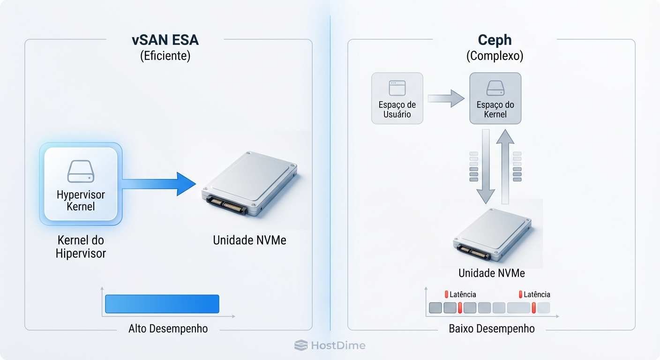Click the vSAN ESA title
[165, 40]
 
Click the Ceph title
[495, 40]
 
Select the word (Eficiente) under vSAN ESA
[165, 56]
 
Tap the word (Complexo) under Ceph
[495, 56]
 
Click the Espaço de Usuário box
[397, 98]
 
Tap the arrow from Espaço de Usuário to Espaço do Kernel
[446, 98]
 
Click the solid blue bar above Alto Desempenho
[162, 304]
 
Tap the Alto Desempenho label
[168, 329]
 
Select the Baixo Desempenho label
[491, 329]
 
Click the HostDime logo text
[337, 346]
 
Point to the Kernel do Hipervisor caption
[81, 247]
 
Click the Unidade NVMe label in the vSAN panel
[249, 240]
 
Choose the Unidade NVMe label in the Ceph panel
[491, 273]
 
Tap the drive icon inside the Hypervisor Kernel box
[81, 172]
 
